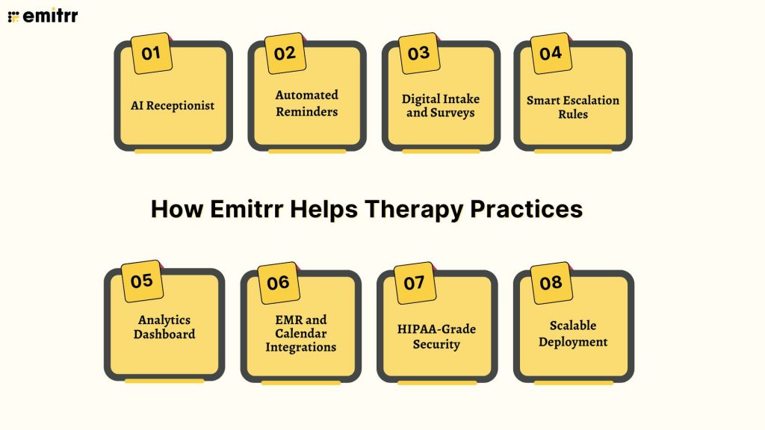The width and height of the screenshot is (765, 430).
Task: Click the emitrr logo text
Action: coord(50,16)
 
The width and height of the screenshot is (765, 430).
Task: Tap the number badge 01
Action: coord(151,53)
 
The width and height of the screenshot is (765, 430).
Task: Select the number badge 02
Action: coord(285,53)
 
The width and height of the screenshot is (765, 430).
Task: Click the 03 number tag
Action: coord(418,53)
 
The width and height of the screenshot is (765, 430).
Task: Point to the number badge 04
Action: coord(551,53)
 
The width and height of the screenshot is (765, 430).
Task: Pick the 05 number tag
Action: coord(141,281)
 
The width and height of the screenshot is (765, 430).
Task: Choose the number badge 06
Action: coord(278,283)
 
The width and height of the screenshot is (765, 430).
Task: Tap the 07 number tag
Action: coord(414,283)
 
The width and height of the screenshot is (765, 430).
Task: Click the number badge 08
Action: coord(551,283)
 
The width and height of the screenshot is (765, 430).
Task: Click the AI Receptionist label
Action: coord(173,105)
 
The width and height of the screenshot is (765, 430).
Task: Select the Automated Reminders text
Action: coord(306,103)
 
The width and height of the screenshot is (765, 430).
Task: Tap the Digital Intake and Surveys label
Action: coord(441,105)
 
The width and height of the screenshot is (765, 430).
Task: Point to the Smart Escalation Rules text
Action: coord(573,107)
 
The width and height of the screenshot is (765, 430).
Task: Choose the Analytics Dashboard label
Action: coord(164,327)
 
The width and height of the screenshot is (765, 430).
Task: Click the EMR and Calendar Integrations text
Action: coord(300,333)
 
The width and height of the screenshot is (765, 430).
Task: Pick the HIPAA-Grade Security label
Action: coord(437,337)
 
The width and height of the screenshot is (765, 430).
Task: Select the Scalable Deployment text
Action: coord(573,334)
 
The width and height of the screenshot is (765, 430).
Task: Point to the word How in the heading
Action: coord(176,209)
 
